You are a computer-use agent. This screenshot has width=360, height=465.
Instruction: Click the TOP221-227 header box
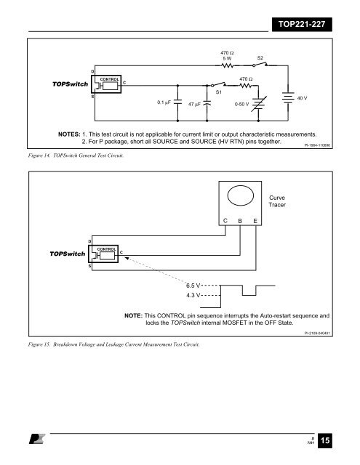click(x=302, y=24)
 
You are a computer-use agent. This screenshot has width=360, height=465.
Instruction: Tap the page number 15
click(x=325, y=440)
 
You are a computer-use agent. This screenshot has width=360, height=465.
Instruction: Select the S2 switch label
click(x=260, y=58)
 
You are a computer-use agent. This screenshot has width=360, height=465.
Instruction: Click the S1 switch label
click(x=218, y=92)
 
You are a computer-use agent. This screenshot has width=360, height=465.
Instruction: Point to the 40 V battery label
click(x=302, y=98)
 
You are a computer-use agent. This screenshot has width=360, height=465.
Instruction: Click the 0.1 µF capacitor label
click(x=164, y=102)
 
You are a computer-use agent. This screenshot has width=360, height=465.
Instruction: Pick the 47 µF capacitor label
click(x=194, y=104)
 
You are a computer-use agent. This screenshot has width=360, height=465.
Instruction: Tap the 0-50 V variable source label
click(x=241, y=104)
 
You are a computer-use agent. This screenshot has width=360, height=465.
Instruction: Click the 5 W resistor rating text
click(x=227, y=59)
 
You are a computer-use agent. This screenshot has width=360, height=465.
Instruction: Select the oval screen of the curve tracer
click(x=241, y=195)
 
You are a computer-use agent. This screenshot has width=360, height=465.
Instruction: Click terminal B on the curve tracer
click(x=240, y=221)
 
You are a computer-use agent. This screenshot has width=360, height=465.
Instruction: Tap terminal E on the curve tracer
click(x=255, y=221)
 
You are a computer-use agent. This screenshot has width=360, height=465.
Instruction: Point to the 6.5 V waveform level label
click(x=193, y=286)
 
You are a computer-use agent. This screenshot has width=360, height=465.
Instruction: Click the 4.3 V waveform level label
click(x=193, y=296)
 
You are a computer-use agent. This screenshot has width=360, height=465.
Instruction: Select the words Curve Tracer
click(x=277, y=201)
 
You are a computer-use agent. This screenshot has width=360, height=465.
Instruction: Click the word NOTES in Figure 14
click(x=69, y=134)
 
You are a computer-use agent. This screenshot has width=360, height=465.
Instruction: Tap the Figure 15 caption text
click(x=114, y=344)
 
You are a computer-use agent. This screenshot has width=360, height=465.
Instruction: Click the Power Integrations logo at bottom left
click(x=37, y=439)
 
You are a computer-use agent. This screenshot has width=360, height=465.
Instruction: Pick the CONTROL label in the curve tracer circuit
click(x=107, y=249)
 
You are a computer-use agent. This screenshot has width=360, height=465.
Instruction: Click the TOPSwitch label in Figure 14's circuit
click(x=70, y=84)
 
